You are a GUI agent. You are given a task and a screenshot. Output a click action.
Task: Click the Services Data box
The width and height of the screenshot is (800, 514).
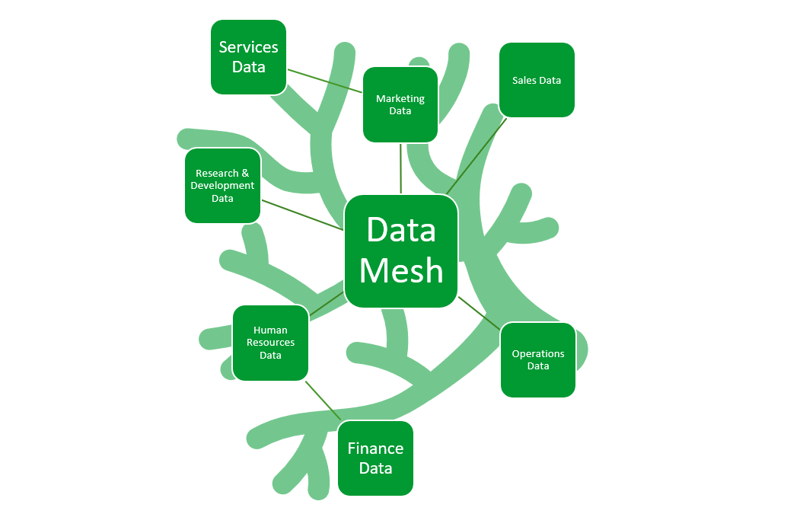tap(248, 57)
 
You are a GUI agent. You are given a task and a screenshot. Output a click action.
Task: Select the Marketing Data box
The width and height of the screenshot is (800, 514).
tap(400, 104)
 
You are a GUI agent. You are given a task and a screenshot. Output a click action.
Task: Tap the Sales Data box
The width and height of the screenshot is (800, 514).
tap(537, 80)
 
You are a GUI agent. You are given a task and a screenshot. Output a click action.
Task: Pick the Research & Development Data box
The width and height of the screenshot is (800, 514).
tap(222, 186)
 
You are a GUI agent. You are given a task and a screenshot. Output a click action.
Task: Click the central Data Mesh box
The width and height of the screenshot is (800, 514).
tap(401, 251)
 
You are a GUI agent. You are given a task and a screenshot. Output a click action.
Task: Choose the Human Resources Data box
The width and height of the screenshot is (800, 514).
tap(270, 343)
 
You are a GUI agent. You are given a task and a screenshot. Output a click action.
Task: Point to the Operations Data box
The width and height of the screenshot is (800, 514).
tap(538, 360)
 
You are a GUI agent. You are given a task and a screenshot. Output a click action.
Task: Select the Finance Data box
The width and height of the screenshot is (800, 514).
tap(375, 458)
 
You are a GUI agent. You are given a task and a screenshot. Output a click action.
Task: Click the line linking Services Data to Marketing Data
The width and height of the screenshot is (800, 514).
tap(325, 81)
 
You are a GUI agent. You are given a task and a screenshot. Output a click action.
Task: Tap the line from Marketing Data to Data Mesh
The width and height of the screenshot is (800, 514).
tap(400, 168)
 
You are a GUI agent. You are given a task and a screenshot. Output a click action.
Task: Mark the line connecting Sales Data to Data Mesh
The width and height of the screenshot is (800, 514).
tap(476, 156)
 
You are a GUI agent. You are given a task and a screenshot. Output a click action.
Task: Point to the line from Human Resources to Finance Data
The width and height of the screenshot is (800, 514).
tap(323, 401)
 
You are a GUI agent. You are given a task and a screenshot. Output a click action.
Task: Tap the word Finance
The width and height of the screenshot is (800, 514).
tap(375, 449)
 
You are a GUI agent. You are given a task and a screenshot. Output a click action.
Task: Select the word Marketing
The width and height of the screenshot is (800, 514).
tap(400, 98)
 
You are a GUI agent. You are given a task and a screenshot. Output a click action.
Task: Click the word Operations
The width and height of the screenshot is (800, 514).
tap(538, 354)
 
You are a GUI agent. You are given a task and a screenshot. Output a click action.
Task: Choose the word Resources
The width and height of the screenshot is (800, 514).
tap(270, 343)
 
